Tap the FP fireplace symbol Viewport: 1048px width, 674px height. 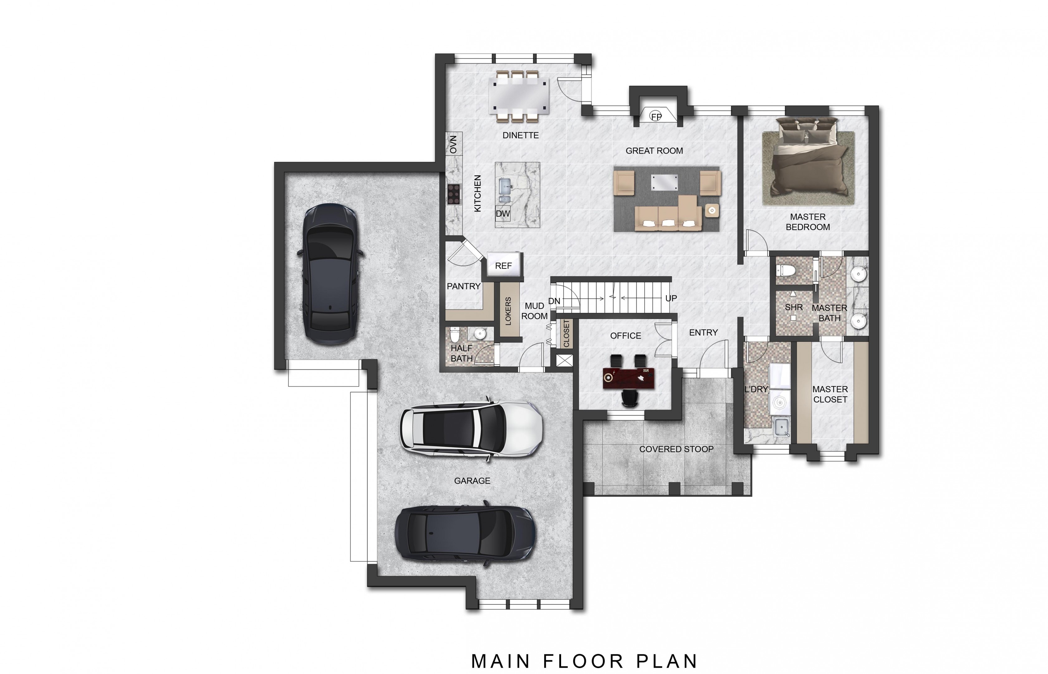click(x=656, y=116)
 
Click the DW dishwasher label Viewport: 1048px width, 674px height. click(x=503, y=213)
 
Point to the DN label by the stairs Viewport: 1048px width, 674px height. click(x=554, y=301)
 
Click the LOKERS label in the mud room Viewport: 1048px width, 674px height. click(x=508, y=311)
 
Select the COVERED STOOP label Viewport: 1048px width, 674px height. click(x=676, y=449)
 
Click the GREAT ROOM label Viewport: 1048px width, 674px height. click(x=654, y=150)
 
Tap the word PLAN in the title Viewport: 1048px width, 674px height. click(x=667, y=661)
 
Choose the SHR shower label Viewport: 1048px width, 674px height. click(x=794, y=307)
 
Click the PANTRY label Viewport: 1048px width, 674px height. click(x=464, y=286)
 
